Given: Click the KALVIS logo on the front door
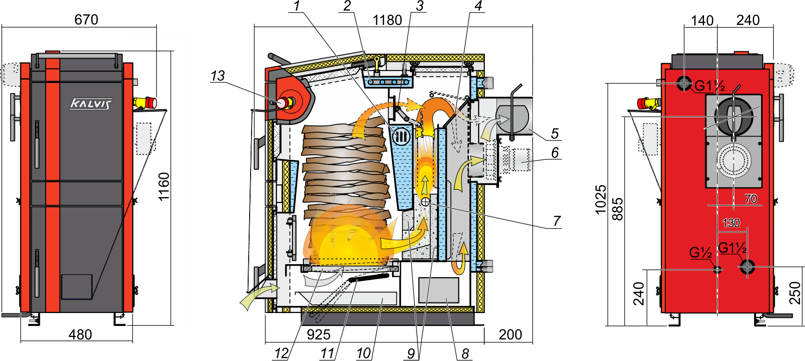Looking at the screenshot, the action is (91, 104).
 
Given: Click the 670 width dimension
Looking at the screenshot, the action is (86, 19).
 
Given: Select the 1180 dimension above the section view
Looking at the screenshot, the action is (387, 20).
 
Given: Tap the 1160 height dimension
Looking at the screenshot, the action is (164, 186).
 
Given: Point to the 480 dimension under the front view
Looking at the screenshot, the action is (80, 335).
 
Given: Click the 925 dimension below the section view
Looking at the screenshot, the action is (319, 335).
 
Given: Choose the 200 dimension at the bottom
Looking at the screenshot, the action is (510, 335).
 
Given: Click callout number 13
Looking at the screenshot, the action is (217, 76).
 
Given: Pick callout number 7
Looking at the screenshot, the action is (557, 221).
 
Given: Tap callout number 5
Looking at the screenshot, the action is (554, 133).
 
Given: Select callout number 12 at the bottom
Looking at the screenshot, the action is (281, 353).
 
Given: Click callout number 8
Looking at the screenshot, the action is (465, 353).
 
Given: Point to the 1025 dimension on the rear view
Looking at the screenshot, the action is (601, 199).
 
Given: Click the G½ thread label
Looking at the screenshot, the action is (701, 253).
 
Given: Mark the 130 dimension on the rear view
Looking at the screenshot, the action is (731, 223).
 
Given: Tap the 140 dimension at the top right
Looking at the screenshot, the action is (702, 21).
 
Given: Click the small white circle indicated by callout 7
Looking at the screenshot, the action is (425, 202).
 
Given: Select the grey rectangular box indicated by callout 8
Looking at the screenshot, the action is (439, 290).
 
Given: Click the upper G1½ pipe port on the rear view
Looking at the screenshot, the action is (684, 83).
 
